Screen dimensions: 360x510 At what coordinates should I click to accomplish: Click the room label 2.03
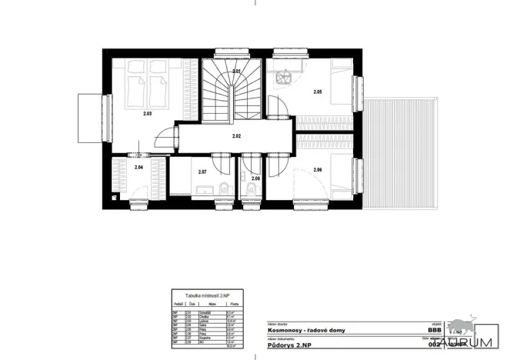click(x=147, y=114)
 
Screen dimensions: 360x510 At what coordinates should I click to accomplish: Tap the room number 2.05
click(x=318, y=93)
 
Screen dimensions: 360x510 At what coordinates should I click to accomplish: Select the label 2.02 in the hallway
click(x=237, y=136)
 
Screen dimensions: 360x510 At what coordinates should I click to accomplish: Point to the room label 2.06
click(x=318, y=169)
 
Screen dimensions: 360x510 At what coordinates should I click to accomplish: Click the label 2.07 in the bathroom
click(x=202, y=172)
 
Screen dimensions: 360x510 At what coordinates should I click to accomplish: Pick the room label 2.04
click(x=138, y=167)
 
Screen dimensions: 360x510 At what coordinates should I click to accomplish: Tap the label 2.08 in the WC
click(x=255, y=178)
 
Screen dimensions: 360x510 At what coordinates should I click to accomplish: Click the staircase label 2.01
click(x=237, y=72)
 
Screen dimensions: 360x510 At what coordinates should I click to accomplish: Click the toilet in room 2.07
click(x=222, y=189)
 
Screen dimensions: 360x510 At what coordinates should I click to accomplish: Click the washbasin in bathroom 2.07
click(x=203, y=190)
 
